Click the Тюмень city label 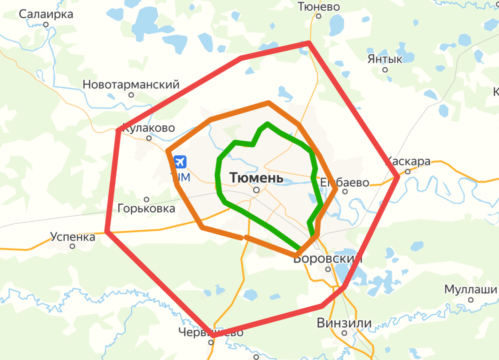pos(256,178)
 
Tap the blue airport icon pos(180,162)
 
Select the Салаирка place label pos(46,14)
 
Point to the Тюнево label pos(319,7)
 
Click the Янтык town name pos(385,59)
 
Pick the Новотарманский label pos(131,84)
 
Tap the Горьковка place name pos(146,208)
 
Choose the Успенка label pos(73,237)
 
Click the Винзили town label pos(344,323)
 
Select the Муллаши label pos(470,289)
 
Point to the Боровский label pos(328,259)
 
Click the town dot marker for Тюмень pos(256,190)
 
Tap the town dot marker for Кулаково pos(149,138)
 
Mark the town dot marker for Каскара pos(408,171)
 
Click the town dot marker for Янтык pos(385,70)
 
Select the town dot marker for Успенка pos(72,246)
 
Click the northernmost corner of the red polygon pos(309,43)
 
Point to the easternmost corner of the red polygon pos(398,177)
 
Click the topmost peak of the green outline pos(267,123)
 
